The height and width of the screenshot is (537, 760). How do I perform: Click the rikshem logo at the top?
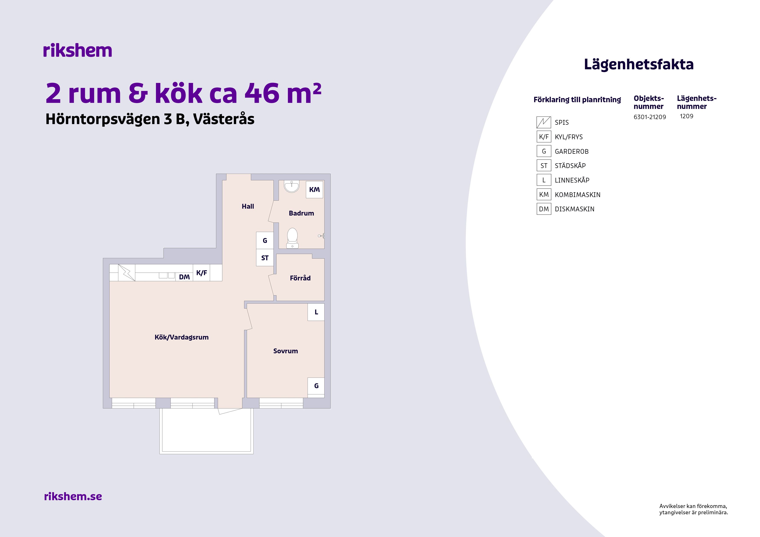[x=78, y=51]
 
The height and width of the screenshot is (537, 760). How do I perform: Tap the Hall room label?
[x=248, y=206]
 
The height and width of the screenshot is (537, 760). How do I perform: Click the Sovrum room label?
[x=285, y=351]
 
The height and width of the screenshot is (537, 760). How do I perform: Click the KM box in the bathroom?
[x=314, y=190]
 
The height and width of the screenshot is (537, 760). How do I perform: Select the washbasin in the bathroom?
[x=292, y=186]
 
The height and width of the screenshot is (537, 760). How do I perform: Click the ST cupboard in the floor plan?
[x=265, y=258]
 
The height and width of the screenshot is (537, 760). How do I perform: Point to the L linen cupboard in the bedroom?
[x=316, y=312]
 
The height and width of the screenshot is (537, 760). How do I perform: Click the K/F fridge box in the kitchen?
[x=201, y=273]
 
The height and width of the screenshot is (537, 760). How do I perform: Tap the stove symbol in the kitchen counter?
[x=127, y=273]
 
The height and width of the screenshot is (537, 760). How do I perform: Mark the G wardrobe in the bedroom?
[x=316, y=386]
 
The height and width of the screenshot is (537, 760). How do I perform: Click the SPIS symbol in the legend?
[x=544, y=122]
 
